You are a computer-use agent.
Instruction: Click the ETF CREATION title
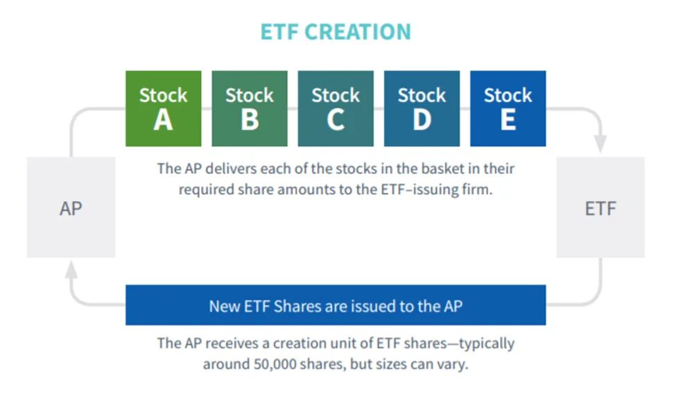(x=336, y=32)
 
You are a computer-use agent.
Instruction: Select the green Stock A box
(x=164, y=109)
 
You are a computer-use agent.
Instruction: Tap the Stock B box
(x=250, y=109)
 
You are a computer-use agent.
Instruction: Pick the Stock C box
(x=336, y=109)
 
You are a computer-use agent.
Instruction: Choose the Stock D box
(x=422, y=109)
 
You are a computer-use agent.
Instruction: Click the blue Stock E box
(x=508, y=109)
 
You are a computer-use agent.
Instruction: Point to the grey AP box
(x=71, y=207)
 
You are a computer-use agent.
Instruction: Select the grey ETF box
(x=600, y=207)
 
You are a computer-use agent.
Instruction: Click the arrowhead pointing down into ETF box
(x=600, y=144)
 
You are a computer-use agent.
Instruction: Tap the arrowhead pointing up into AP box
(x=71, y=269)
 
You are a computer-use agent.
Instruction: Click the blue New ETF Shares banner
(x=336, y=305)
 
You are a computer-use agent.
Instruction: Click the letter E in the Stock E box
(x=508, y=119)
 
